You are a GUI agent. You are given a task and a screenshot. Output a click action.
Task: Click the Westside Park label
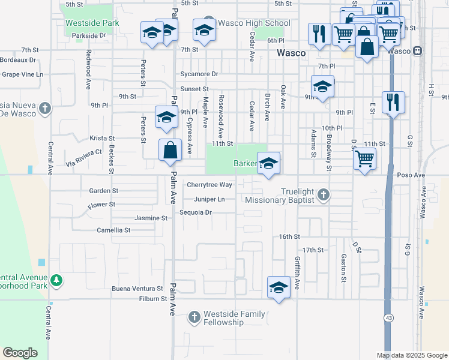click(x=92, y=23)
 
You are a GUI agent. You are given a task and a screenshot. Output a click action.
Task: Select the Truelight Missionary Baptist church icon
click(x=324, y=194)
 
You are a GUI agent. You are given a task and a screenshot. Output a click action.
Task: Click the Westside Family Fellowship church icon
click(x=194, y=316)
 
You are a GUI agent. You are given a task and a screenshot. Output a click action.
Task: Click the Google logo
click(x=20, y=353)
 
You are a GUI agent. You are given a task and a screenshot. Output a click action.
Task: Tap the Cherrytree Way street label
click(x=209, y=185)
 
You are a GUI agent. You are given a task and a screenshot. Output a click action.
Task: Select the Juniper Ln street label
click(x=209, y=199)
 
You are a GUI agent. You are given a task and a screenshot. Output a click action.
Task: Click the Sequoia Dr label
click(x=196, y=212)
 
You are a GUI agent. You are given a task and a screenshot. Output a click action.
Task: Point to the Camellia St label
click(x=113, y=230)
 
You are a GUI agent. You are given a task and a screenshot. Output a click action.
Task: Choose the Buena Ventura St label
click(x=137, y=289)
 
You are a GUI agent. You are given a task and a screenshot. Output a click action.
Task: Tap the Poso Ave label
click(x=411, y=175)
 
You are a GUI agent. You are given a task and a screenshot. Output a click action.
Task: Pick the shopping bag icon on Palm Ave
click(x=170, y=151)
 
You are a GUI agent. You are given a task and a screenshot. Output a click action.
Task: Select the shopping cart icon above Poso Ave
click(x=365, y=159)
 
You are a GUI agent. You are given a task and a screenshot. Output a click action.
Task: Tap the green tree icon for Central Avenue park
click(x=56, y=280)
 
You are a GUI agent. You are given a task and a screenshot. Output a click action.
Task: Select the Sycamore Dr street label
click(x=199, y=74)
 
